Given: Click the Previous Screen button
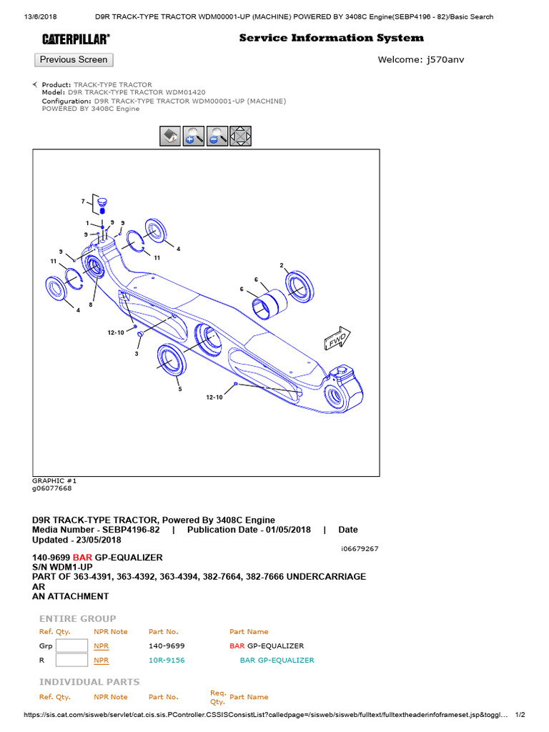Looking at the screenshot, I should [x=74, y=60].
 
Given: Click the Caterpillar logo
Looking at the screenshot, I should [x=75, y=39].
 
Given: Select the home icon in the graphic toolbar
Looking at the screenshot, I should [x=169, y=136].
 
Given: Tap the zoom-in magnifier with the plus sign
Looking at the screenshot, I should [x=193, y=136].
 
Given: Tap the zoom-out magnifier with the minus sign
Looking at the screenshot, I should [x=217, y=136].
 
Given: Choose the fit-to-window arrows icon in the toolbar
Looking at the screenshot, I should [x=240, y=136].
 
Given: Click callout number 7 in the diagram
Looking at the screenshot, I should [x=83, y=201].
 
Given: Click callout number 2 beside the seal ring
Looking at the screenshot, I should [x=282, y=265].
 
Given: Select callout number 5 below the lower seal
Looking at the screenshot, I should [x=180, y=390].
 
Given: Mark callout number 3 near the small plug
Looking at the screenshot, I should [x=137, y=354].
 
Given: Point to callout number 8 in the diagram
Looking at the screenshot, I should [x=91, y=305].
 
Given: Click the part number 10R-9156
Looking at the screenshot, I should [x=166, y=661].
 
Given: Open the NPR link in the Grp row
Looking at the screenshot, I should [x=101, y=646].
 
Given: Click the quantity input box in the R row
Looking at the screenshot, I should [x=71, y=661].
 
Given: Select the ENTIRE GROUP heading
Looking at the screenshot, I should [x=77, y=618].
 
